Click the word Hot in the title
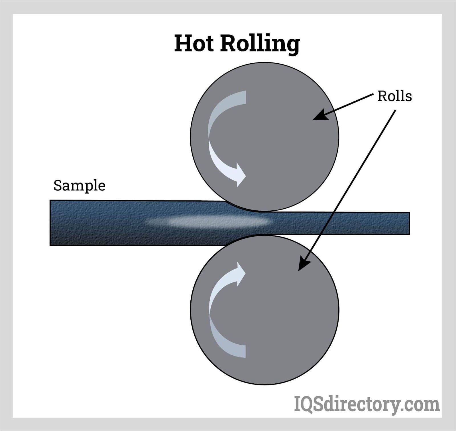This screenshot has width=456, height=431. pos(194,43)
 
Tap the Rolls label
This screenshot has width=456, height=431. pos(394,96)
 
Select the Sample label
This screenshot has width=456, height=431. pos(79,186)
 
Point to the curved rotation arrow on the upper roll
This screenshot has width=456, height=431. pos(217,137)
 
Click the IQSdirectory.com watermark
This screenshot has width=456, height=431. pos(367,404)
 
